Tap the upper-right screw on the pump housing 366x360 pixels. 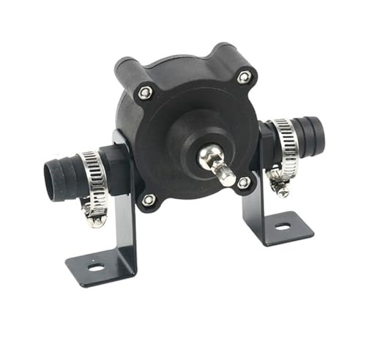point(244,77)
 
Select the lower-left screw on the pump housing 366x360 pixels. point(148,199)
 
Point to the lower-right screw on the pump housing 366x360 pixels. point(243,183)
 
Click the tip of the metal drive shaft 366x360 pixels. point(228,178)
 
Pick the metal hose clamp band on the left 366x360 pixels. point(93,179)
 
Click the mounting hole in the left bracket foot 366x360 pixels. point(95,266)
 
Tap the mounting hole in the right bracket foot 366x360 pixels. point(283,227)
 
